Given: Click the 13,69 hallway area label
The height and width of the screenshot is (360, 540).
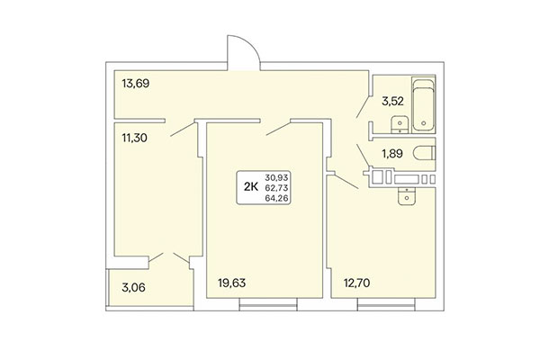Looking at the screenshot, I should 135,85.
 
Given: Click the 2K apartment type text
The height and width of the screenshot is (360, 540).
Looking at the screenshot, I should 251,187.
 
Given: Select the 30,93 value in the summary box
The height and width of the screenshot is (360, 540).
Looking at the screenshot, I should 278,176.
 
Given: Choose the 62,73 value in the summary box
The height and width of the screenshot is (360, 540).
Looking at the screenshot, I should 278,187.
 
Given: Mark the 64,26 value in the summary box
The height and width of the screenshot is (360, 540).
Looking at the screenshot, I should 278,198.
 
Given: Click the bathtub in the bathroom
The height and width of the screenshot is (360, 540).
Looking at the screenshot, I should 423,105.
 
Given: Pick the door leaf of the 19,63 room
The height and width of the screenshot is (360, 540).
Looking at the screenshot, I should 278,133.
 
